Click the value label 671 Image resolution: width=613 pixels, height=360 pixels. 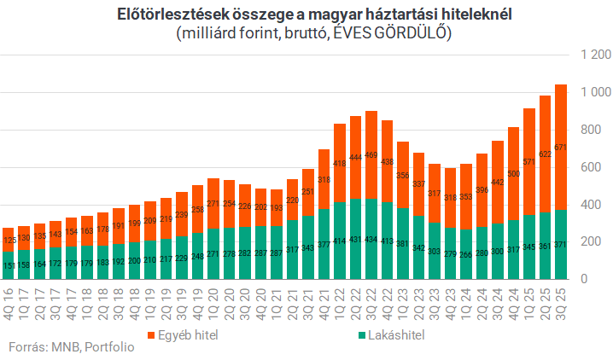point(561,148)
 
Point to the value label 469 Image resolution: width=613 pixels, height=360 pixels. point(371,155)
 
